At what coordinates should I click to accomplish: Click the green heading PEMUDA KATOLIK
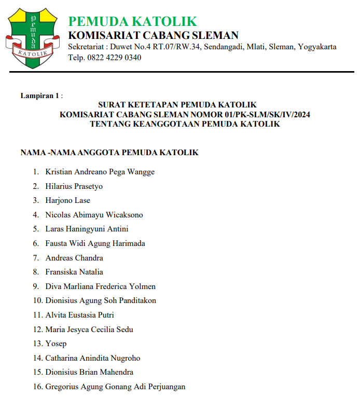click(x=133, y=21)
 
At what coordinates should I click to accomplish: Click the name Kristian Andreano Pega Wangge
click(x=100, y=172)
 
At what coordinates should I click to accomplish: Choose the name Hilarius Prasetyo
click(x=74, y=186)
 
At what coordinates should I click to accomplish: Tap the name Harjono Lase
click(x=67, y=200)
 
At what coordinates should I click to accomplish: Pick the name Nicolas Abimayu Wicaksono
click(x=94, y=215)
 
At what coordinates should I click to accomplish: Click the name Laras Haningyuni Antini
click(x=87, y=229)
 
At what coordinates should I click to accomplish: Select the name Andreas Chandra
click(x=74, y=258)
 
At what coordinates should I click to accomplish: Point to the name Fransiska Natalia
click(x=74, y=272)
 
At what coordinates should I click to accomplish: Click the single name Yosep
click(x=56, y=344)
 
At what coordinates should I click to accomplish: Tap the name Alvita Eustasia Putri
click(x=79, y=315)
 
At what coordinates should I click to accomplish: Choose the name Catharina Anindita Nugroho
click(x=92, y=358)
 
